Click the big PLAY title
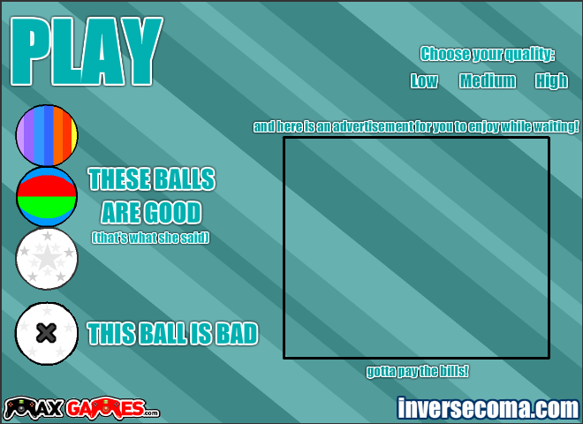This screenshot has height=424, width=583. click(87, 51)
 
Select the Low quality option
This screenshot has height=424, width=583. click(424, 80)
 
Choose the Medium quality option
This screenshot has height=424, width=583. click(488, 80)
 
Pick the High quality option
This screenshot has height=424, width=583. click(551, 81)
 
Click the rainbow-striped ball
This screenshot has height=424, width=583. click(47, 135)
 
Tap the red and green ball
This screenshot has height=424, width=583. click(47, 197)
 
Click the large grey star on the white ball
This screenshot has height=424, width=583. click(47, 257)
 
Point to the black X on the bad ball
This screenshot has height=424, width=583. click(47, 333)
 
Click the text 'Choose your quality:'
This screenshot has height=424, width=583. click(488, 54)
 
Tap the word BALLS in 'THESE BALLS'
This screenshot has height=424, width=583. click(185, 179)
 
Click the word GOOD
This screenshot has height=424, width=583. click(173, 212)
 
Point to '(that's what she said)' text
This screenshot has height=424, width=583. click(150, 238)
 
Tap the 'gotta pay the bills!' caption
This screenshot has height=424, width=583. click(417, 371)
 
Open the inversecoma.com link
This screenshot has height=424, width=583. click(488, 408)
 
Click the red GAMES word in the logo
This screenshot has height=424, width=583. click(106, 408)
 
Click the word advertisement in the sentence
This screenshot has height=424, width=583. click(373, 127)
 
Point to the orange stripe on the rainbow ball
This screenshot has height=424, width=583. click(57, 135)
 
